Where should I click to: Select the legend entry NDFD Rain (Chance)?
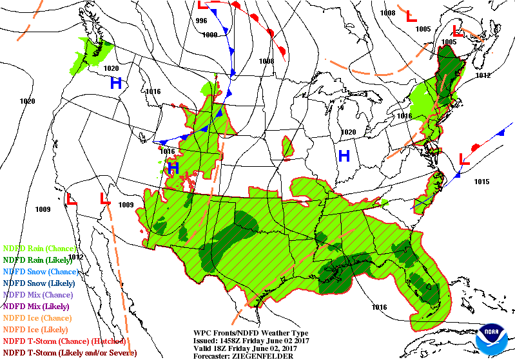click(x=39, y=248)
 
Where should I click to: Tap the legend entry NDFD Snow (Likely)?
click(x=39, y=283)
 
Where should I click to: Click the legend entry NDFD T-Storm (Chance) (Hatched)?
click(x=63, y=341)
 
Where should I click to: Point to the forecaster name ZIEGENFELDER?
click(x=261, y=355)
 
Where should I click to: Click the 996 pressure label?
click(x=201, y=21)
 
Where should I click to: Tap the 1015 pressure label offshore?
click(x=481, y=182)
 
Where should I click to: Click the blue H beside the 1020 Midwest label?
click(x=344, y=155)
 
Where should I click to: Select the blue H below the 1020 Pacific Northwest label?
click(x=115, y=82)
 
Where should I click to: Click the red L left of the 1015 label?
click(x=463, y=158)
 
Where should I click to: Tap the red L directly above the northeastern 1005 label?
click(x=458, y=30)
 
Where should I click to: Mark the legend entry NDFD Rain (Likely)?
click(x=39, y=260)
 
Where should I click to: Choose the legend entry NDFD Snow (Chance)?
click(x=40, y=271)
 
